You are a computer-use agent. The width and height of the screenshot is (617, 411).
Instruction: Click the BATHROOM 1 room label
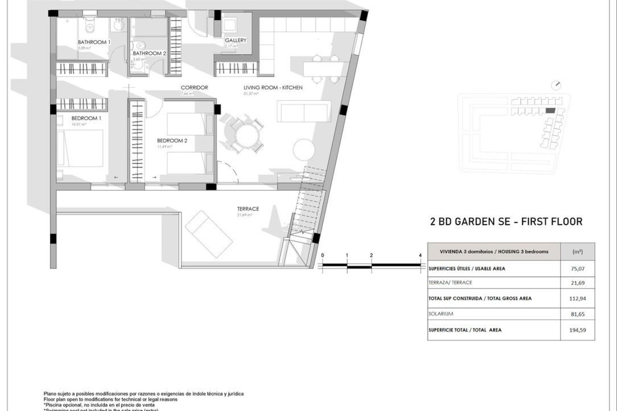[x=94, y=42]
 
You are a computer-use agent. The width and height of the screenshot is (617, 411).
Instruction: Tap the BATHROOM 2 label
[x=149, y=53]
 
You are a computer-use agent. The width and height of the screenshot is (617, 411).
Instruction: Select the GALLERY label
[x=236, y=40]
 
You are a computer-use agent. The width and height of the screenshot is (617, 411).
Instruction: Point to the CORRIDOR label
[x=194, y=87]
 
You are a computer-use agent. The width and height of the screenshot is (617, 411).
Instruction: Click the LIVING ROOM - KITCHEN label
[x=273, y=87]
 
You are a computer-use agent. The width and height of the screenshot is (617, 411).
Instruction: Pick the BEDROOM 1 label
[x=86, y=118]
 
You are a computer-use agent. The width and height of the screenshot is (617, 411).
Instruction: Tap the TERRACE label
[x=248, y=209]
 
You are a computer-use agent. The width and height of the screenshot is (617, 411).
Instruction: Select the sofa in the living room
[x=304, y=111]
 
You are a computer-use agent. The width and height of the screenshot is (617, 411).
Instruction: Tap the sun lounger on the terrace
[x=209, y=234]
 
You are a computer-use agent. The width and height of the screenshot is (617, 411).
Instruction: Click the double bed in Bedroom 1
[x=80, y=148]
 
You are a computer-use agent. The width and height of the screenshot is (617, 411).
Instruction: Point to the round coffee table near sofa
[x=304, y=150]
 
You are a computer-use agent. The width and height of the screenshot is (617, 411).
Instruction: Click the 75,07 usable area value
[x=577, y=269]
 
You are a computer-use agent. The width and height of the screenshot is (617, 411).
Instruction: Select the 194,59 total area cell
[x=577, y=330]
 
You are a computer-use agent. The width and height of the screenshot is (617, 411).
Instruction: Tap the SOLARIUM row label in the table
[x=441, y=314]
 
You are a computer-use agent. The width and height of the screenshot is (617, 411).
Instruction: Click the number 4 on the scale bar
[x=420, y=255]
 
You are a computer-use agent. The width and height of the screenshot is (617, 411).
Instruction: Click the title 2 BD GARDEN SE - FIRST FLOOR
[x=506, y=222]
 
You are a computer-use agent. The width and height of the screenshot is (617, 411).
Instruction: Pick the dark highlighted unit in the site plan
[x=550, y=111]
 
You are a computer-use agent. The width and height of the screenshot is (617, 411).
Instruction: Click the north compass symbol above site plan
[x=556, y=85]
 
